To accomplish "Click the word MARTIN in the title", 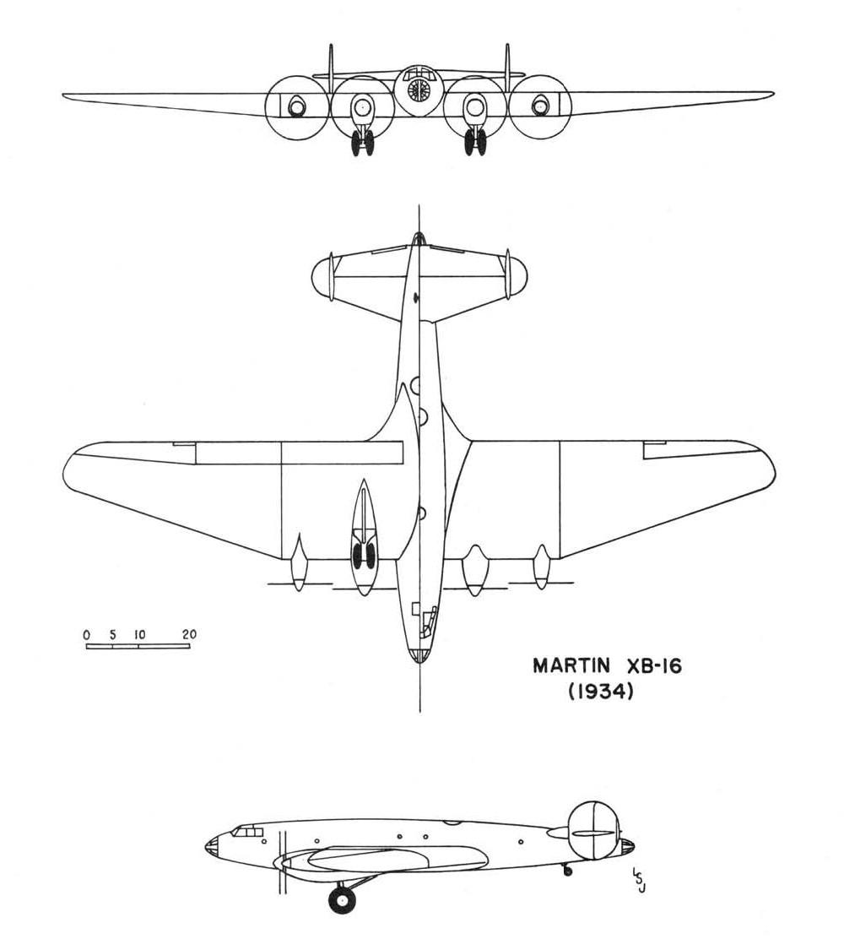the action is tap(571, 666).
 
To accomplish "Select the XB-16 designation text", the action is tap(652, 666).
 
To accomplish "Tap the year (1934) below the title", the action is tap(601, 692).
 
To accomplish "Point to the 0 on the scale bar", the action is tap(87, 635).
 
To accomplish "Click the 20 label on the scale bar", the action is tap(190, 634).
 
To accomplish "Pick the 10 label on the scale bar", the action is tap(139, 635).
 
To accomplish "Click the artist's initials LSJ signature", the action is tap(638, 880).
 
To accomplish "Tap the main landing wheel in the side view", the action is tap(342, 899).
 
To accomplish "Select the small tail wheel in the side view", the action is tap(567, 871).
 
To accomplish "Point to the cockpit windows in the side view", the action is tap(247, 831).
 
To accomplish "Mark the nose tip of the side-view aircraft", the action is tap(206, 844).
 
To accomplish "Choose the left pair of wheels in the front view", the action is tap(362, 143).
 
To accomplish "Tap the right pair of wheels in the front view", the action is tap(475, 143).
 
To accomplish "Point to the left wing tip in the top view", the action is tap(63, 470).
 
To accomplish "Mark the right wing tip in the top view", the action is tap(775, 470).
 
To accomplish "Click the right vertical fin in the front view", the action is tap(507, 68).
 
